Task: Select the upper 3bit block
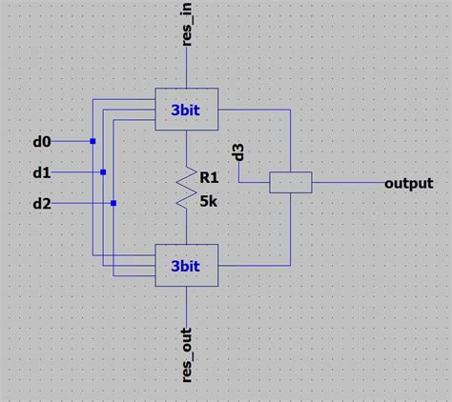[186, 109]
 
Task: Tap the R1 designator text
[210, 174]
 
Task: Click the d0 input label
[41, 142]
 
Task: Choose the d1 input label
[41, 173]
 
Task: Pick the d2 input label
[41, 204]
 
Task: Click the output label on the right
[408, 183]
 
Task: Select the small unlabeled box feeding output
[290, 183]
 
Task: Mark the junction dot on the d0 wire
[92, 142]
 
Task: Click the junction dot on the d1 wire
[103, 172]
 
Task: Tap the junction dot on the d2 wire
[113, 203]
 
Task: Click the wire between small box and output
[347, 183]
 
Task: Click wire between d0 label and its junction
[72, 142]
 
